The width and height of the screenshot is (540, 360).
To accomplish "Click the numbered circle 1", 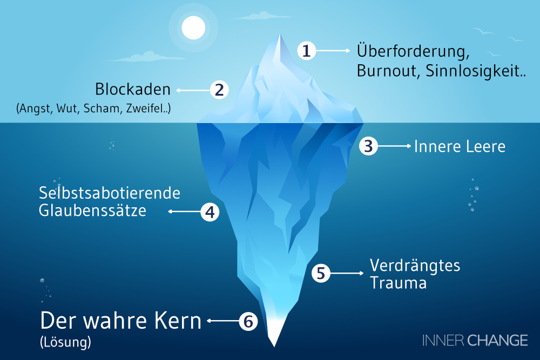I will tap(307, 51).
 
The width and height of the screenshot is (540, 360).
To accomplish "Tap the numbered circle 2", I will tap(219, 90).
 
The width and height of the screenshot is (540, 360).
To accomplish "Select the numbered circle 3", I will tap(369, 146).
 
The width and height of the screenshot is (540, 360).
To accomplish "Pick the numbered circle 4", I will tap(210, 212).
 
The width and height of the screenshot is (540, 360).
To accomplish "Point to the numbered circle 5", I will tap(321, 273).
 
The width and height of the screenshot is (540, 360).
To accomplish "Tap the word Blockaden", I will tap(132, 89).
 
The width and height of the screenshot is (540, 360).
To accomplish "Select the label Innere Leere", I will tap(460, 146).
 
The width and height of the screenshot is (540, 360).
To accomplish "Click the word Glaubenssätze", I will tap(92, 210).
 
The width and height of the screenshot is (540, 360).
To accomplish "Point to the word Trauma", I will tap(398, 282).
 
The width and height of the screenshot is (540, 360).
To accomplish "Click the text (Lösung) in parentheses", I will tap(66, 342).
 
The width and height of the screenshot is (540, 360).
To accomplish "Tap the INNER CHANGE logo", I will tap(475, 340).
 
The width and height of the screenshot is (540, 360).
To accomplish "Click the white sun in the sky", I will tap(193, 28).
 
